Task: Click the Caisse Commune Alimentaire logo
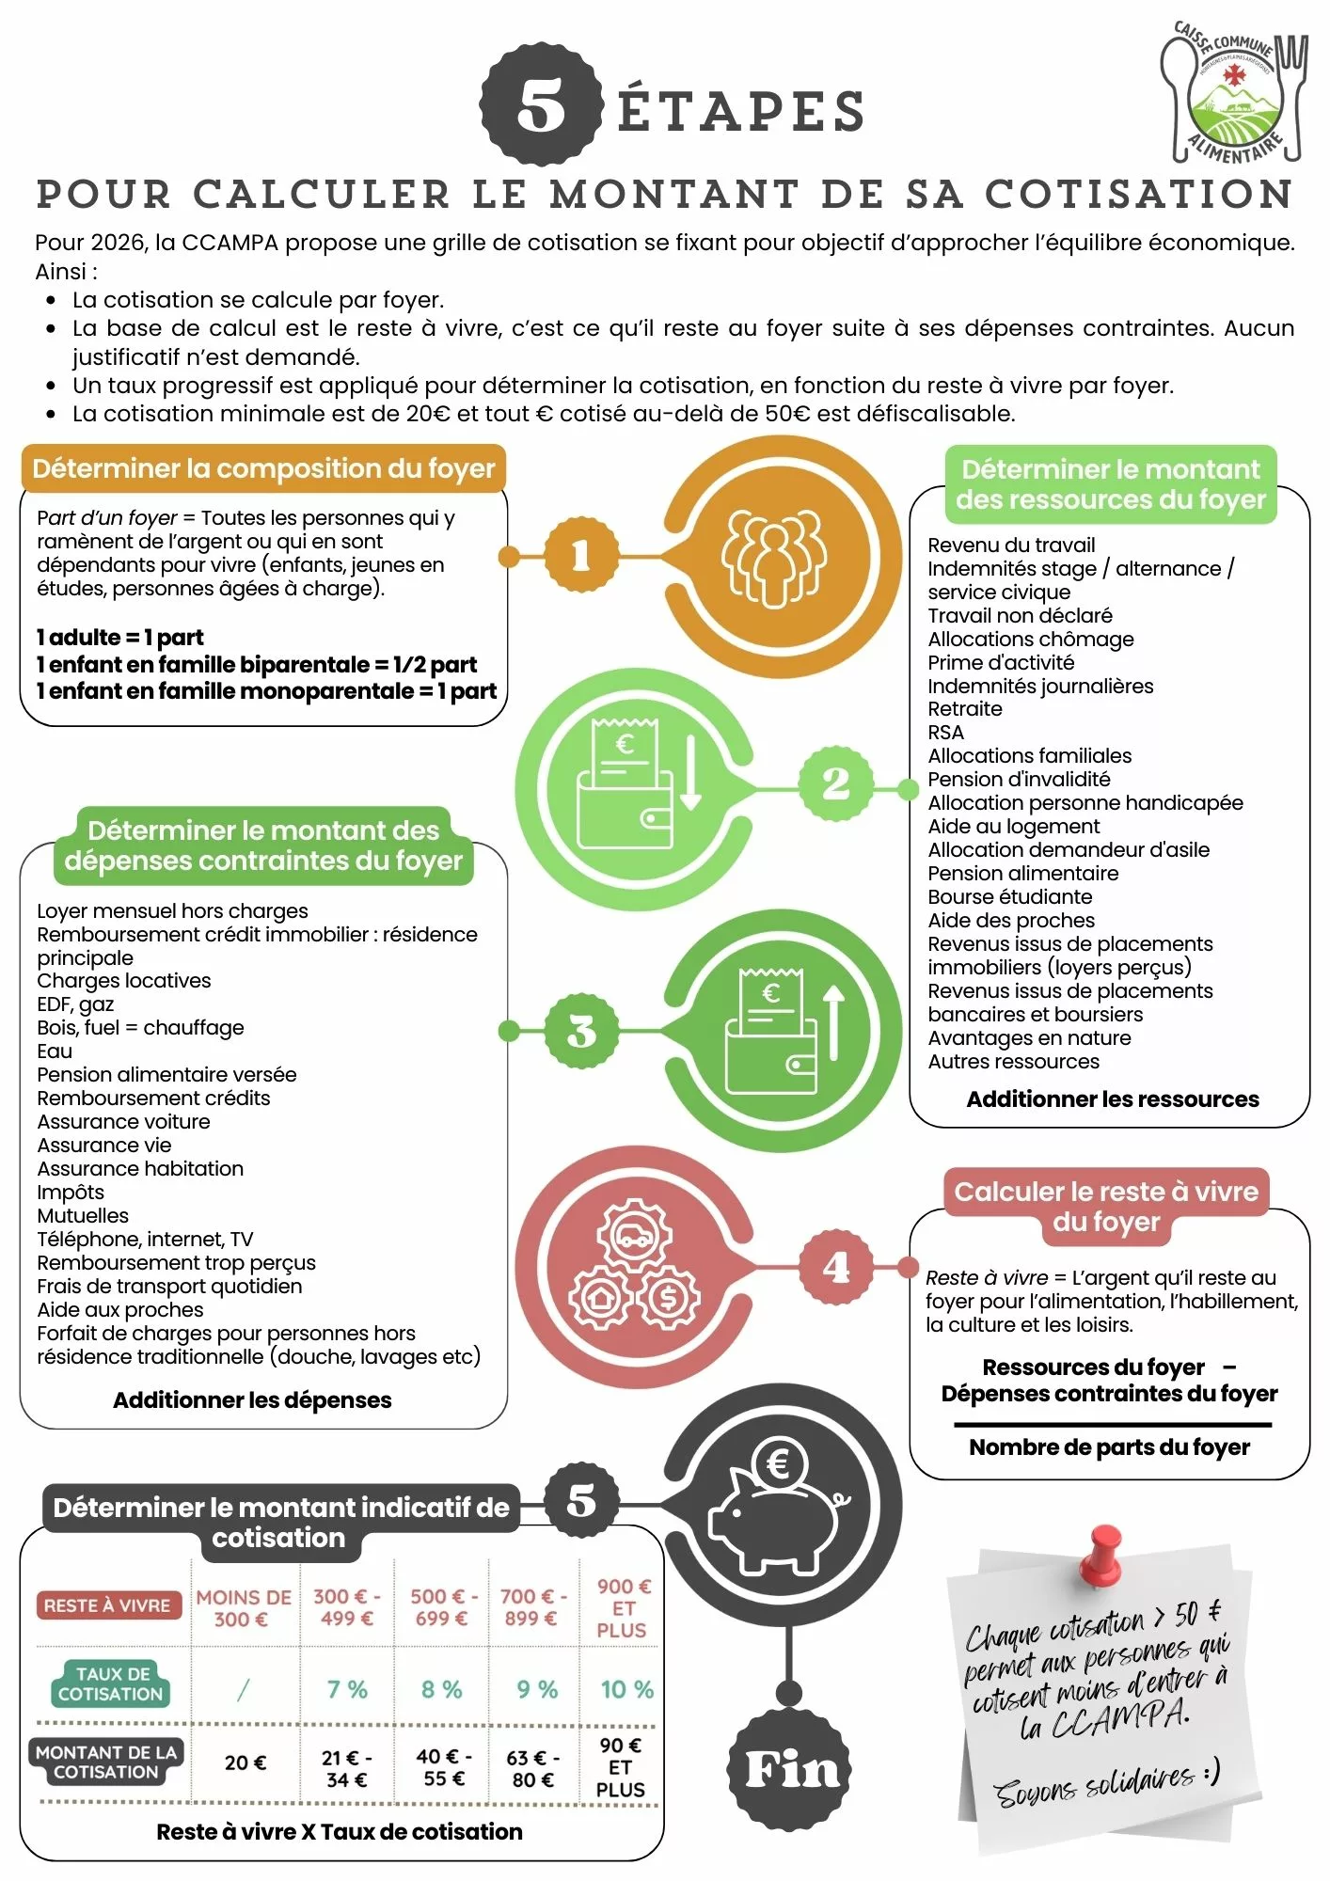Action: (1233, 94)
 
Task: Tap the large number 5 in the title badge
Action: (541, 106)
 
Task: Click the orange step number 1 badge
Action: (581, 555)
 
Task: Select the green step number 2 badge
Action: (835, 783)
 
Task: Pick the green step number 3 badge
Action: (581, 1031)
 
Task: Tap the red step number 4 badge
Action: (835, 1266)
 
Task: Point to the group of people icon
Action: (773, 557)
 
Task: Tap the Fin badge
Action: (790, 1770)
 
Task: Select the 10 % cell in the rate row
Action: (626, 1689)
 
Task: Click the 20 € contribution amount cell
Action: (245, 1762)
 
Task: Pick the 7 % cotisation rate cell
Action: (346, 1689)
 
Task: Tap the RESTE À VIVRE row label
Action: (107, 1605)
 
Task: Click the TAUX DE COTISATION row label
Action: (111, 1683)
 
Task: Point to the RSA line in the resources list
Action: (945, 733)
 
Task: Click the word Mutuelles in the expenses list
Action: (83, 1215)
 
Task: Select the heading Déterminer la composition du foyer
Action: (263, 468)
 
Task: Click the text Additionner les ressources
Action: (1112, 1099)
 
